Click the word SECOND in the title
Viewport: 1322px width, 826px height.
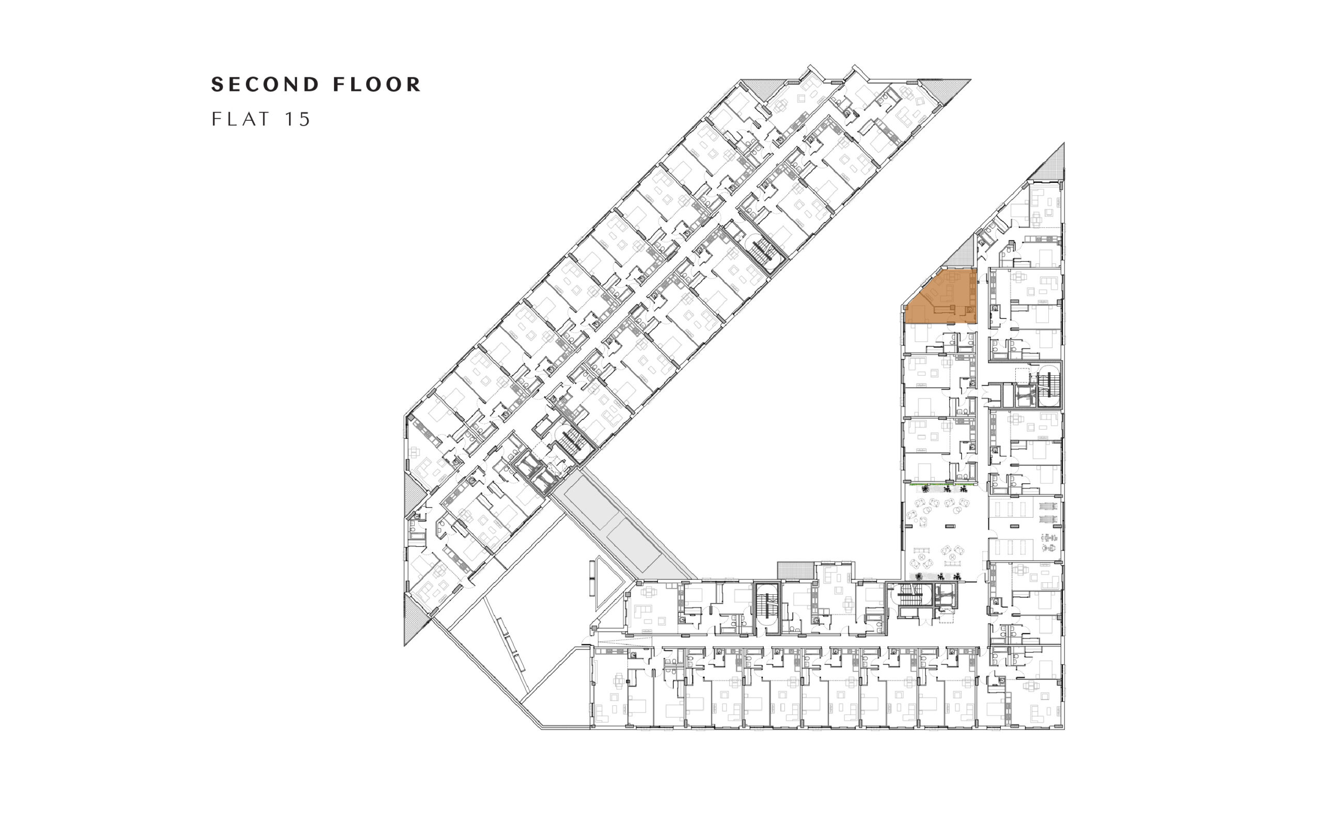pyautogui.click(x=265, y=85)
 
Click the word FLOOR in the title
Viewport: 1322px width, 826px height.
pyautogui.click(x=377, y=85)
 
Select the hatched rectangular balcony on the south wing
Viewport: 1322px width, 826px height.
pyautogui.click(x=796, y=569)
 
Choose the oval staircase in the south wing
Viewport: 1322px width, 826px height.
pyautogui.click(x=767, y=608)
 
